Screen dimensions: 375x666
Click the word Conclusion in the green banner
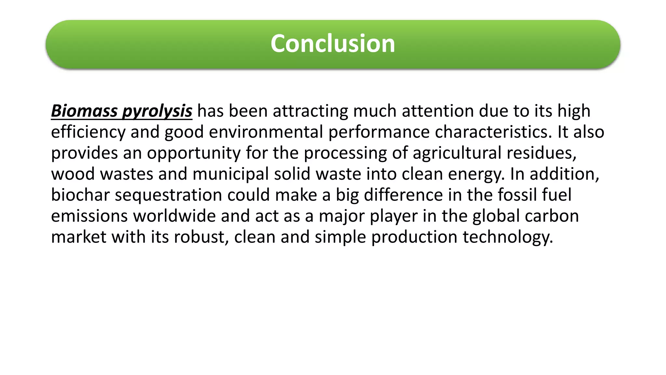(x=333, y=44)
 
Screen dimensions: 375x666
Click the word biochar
(x=80, y=195)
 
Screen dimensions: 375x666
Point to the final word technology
(x=508, y=237)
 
